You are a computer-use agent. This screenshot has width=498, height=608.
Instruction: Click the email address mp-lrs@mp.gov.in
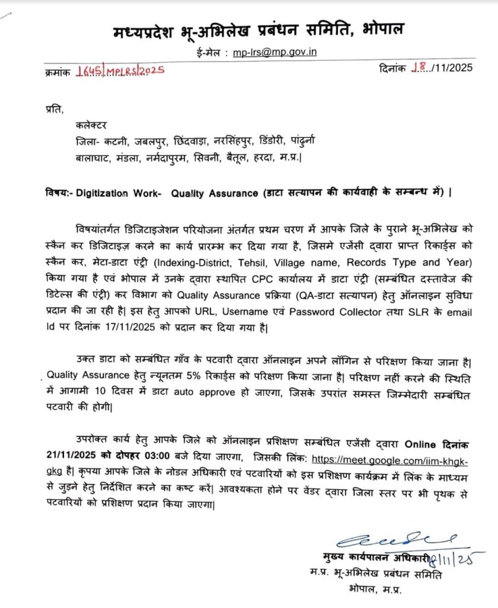pos(274,52)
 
